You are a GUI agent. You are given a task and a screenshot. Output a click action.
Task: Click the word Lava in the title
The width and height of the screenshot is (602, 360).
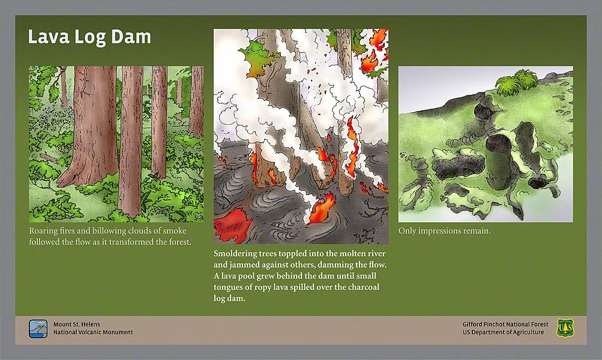coord(49,37)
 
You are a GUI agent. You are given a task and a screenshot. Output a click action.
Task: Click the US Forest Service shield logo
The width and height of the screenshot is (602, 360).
coord(565,328)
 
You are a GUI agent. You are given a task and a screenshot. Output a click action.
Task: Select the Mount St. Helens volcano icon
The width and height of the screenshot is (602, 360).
coord(38,329)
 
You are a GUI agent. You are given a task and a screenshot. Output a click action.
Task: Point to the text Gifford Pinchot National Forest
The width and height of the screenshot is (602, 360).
coord(505,325)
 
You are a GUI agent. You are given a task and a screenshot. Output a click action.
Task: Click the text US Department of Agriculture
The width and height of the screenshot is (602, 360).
coord(503,332)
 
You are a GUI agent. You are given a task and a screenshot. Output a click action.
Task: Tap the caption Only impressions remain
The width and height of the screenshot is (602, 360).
coord(444,231)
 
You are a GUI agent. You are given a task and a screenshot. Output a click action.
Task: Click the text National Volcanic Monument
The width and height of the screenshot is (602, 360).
coord(93,332)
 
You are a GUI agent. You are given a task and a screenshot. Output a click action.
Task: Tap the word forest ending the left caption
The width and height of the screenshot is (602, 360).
coord(179,242)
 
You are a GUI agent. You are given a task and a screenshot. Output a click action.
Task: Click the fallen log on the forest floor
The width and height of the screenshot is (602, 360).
coord(49,158)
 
